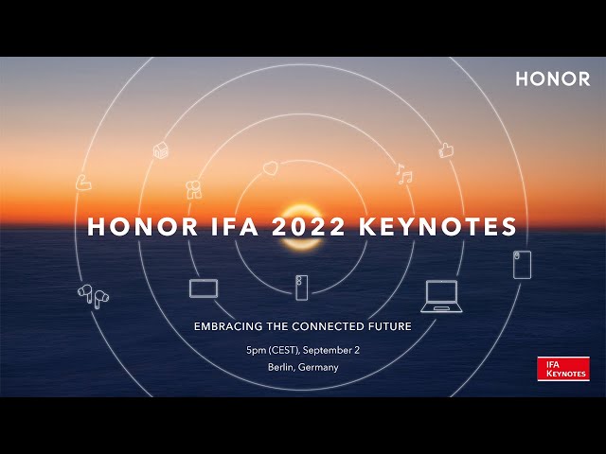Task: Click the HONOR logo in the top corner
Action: pos(552,79)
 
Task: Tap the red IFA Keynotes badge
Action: pos(563,369)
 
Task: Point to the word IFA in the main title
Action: pos(230,227)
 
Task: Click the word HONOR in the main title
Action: pos(137,227)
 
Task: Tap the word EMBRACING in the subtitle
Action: pos(230,326)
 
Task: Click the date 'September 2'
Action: pos(333,350)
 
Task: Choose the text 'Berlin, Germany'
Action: pos(303,367)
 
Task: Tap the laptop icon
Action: pos(440,296)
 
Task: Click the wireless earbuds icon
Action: pos(93,295)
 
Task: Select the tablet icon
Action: pos(204,288)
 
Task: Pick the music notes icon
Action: pos(404,175)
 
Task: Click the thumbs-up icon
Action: pos(447,149)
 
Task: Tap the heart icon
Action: pos(270,167)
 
